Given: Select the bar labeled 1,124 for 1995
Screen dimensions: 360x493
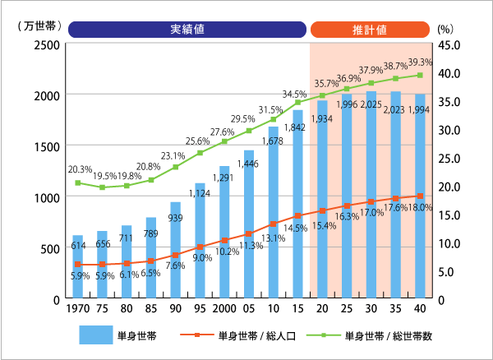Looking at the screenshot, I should [200, 241].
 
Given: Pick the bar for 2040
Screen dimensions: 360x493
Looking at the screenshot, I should [420, 196].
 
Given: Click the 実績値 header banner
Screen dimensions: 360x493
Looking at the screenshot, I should [187, 30].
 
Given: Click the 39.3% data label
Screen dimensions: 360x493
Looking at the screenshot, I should [422, 62].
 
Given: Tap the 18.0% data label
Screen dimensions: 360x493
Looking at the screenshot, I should [421, 209].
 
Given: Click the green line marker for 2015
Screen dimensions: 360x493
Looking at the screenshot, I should [297, 102].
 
